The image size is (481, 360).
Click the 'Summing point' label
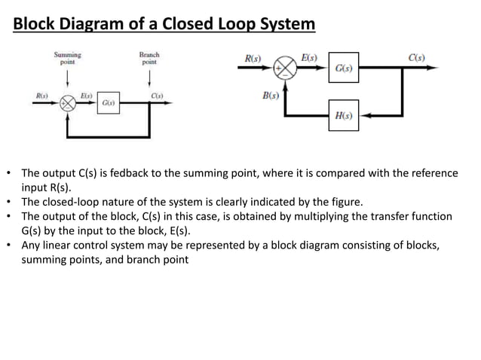click(x=67, y=59)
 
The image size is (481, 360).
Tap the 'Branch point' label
click(x=149, y=59)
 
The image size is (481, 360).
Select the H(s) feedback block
click(x=343, y=115)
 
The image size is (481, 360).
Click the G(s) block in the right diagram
click(x=343, y=69)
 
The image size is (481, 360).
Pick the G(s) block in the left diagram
click(x=108, y=102)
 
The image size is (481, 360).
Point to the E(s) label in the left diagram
click(x=87, y=95)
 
